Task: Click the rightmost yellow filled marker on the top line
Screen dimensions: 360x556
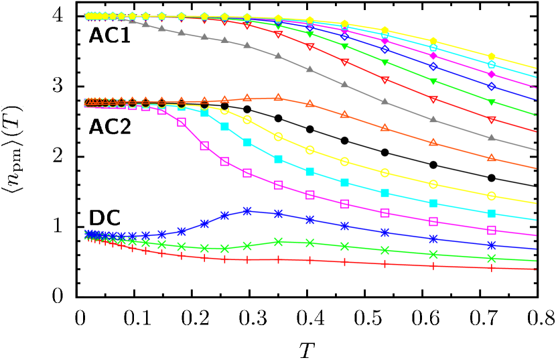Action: pos(492,56)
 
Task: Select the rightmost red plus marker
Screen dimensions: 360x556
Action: pos(492,267)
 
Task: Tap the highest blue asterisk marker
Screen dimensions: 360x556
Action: pos(247,211)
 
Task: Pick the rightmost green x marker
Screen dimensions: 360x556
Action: pos(492,258)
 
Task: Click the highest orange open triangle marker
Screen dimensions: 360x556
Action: pos(278,97)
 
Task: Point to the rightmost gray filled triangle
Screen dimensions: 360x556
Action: pos(492,137)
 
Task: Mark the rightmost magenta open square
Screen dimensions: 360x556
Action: pos(492,230)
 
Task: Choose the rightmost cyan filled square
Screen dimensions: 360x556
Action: pos(492,213)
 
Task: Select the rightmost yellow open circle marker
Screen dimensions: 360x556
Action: pos(492,196)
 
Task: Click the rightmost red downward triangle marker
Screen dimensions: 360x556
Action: pos(492,120)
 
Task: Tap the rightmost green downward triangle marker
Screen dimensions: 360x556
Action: pos(492,103)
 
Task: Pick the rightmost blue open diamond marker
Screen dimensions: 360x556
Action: pos(492,86)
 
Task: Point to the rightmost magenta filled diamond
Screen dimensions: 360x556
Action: pos(492,74)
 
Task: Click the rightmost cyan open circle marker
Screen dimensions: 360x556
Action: pos(492,65)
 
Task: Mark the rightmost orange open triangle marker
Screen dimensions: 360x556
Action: pos(492,158)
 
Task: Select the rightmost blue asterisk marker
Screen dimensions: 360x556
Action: pos(492,245)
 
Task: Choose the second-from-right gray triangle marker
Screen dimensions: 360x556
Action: pos(433,119)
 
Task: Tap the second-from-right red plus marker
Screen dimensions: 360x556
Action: pos(433,265)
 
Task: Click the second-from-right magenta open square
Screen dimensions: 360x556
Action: pos(433,221)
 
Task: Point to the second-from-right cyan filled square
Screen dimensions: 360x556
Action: pos(433,203)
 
